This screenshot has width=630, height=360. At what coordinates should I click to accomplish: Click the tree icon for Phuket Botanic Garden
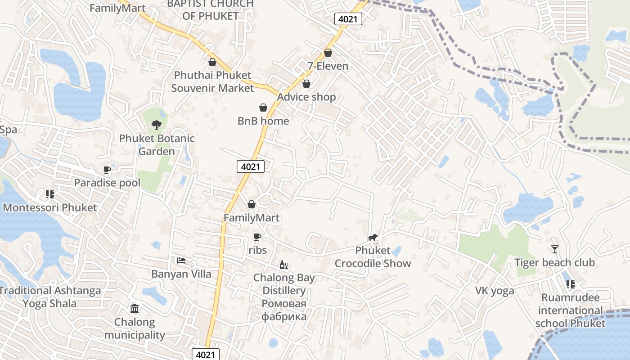tap(157, 125)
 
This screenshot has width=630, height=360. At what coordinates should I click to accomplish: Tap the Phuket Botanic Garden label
tap(157, 145)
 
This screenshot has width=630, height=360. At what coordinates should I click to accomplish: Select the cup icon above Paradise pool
tap(107, 170)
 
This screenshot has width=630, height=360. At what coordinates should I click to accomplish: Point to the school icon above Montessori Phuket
tap(49, 194)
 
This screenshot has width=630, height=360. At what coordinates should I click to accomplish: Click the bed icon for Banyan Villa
tap(181, 261)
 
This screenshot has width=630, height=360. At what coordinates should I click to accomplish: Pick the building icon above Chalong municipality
tap(135, 309)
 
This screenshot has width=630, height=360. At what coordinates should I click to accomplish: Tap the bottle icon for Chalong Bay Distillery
tap(283, 265)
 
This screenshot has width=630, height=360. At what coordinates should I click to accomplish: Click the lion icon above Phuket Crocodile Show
tap(372, 237)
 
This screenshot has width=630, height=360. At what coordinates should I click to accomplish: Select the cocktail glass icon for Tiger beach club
tap(554, 249)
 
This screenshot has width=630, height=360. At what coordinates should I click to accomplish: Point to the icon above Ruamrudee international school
tap(570, 284)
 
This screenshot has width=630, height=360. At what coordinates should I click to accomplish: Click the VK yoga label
tap(495, 291)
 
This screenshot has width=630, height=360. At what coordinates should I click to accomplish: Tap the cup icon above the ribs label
tap(257, 237)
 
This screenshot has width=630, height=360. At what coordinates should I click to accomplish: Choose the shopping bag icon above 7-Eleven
tap(328, 53)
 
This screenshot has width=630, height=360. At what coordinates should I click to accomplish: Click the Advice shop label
tap(306, 97)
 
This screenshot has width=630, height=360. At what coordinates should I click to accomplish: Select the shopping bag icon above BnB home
tap(263, 108)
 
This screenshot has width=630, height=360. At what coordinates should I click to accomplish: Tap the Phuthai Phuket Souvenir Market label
tap(212, 81)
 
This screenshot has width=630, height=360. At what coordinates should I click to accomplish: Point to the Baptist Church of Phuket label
tap(211, 10)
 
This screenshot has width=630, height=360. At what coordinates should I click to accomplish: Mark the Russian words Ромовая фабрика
tap(284, 310)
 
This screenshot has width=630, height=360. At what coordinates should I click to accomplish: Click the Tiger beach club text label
tap(554, 262)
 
